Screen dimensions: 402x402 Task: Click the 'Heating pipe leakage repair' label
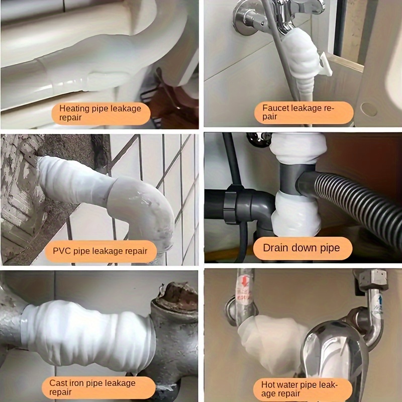point(101,114)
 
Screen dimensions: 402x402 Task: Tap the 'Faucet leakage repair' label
point(304,113)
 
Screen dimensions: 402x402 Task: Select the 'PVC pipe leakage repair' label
point(101,251)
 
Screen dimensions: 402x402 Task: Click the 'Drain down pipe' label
point(303,248)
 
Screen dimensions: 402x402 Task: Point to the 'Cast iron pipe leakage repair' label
point(98,387)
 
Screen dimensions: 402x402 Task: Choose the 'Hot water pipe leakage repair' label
point(303,389)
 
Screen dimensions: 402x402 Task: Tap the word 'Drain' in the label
point(275,248)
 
